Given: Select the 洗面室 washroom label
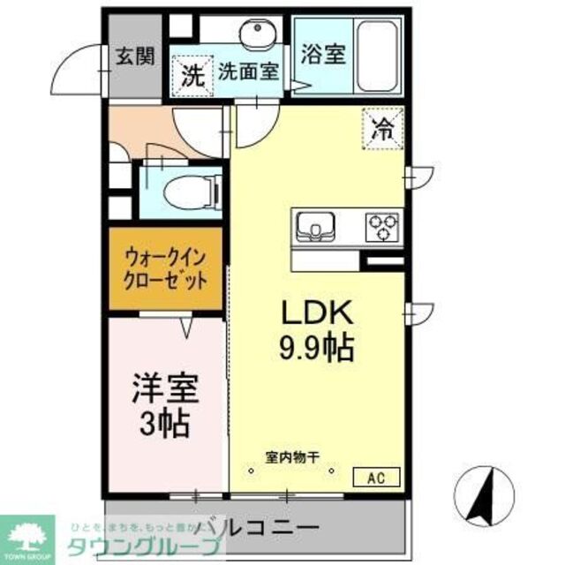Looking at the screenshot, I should (249, 70).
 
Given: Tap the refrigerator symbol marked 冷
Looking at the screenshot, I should (384, 127).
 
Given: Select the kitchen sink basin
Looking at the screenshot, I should (313, 227).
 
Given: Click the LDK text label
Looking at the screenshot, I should (317, 313).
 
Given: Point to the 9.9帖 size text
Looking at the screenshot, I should (318, 346).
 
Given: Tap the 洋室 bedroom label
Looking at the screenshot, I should (165, 388).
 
